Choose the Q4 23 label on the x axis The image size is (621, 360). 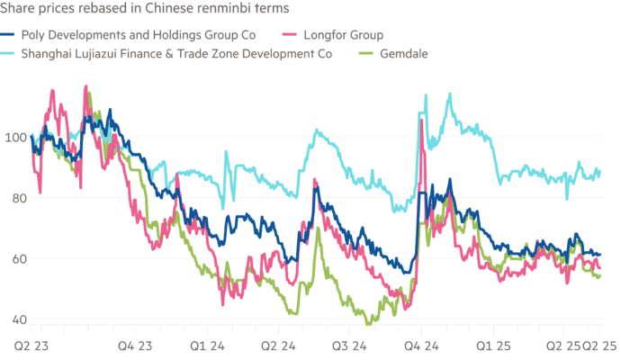pyautogui.click(x=139, y=344)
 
